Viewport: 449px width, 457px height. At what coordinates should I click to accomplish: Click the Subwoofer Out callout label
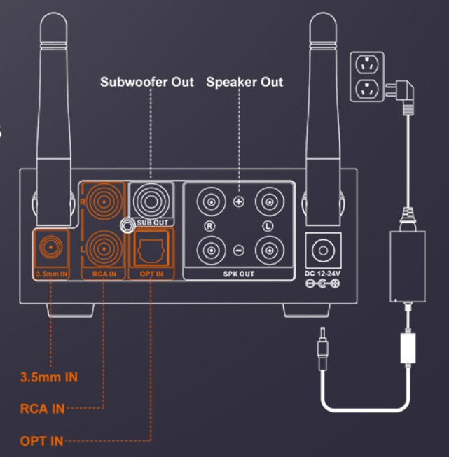(x=147, y=82)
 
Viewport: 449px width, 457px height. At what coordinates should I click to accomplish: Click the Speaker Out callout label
(x=244, y=82)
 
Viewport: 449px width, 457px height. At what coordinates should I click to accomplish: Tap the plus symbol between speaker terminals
(x=239, y=202)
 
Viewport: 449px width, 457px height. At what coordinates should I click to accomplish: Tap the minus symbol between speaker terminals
(x=239, y=249)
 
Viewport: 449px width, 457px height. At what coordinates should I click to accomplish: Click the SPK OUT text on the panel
(x=239, y=273)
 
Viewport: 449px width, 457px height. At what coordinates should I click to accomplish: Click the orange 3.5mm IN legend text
(x=50, y=378)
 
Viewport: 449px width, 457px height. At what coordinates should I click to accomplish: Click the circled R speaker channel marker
(x=209, y=226)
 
